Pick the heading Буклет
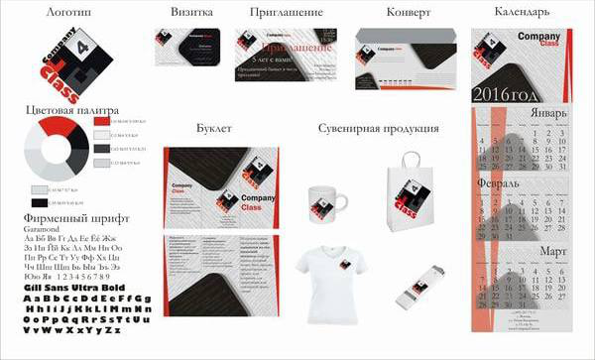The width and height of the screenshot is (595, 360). [x=213, y=129]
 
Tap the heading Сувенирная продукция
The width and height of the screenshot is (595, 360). [x=379, y=129]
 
